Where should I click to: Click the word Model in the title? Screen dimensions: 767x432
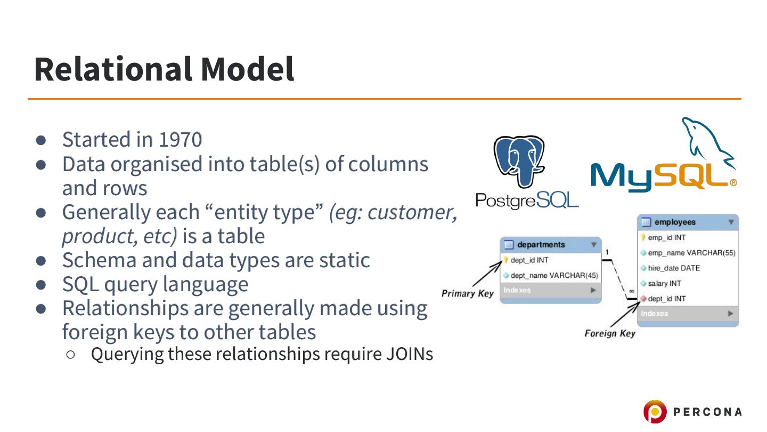(247, 69)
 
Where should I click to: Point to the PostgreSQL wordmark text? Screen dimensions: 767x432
(526, 201)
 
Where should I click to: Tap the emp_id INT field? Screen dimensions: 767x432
(666, 237)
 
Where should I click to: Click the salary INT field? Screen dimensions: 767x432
(664, 283)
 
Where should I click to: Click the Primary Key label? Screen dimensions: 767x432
(467, 293)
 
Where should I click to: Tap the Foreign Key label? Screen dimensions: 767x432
(610, 334)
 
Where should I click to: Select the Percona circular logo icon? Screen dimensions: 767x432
(654, 412)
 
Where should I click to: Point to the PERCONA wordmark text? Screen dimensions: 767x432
(707, 412)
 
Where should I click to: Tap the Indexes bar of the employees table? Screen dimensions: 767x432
(687, 314)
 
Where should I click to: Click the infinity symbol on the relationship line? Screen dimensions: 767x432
(631, 291)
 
